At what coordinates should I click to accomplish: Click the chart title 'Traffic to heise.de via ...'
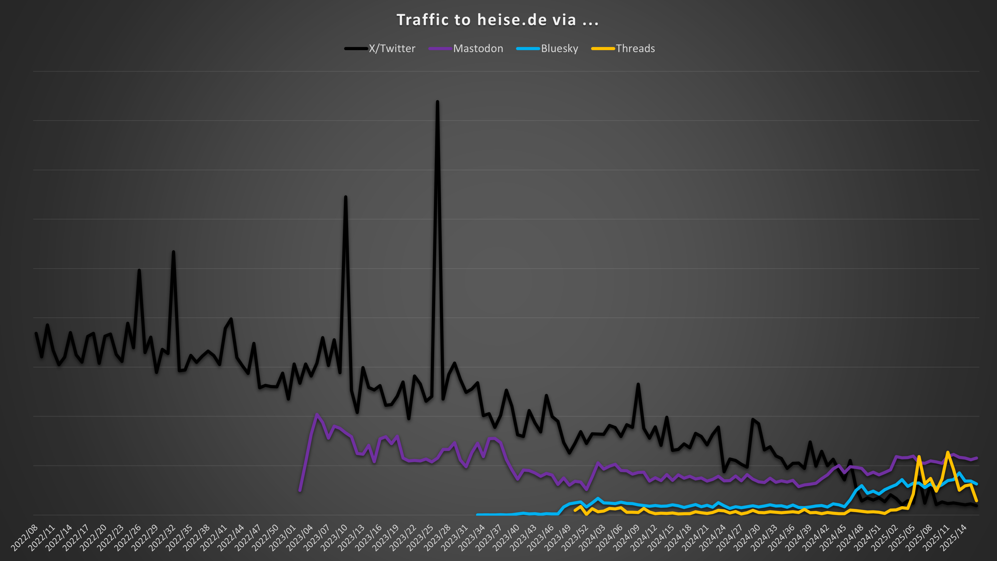coord(498,20)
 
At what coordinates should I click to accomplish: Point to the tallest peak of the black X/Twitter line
coord(437,102)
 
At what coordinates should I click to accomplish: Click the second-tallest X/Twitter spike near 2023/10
coord(346,197)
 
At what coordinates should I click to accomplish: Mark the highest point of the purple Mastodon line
coord(317,414)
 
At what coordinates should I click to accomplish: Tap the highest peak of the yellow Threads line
coord(947,452)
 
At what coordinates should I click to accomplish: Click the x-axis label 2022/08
coord(25,538)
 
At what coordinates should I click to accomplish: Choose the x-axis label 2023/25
coord(421,538)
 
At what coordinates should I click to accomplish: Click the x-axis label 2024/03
coord(592,538)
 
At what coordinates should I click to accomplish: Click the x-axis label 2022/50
coord(266,538)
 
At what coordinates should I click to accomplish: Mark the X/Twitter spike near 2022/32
coord(173,252)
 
